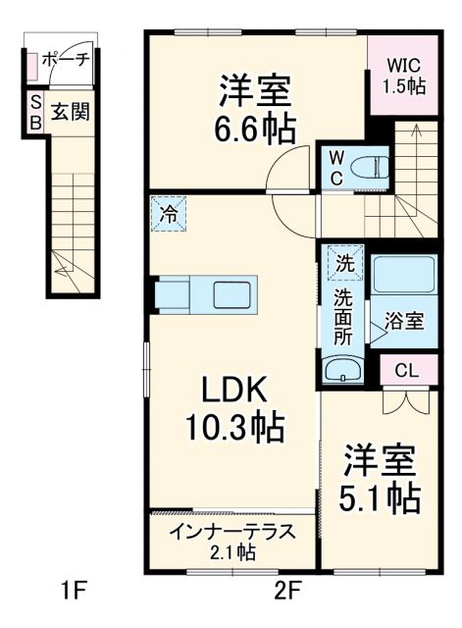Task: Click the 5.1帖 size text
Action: point(380,496)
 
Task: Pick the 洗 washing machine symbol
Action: point(344,263)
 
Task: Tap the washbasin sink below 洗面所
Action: point(343,371)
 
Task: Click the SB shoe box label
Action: point(35,111)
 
